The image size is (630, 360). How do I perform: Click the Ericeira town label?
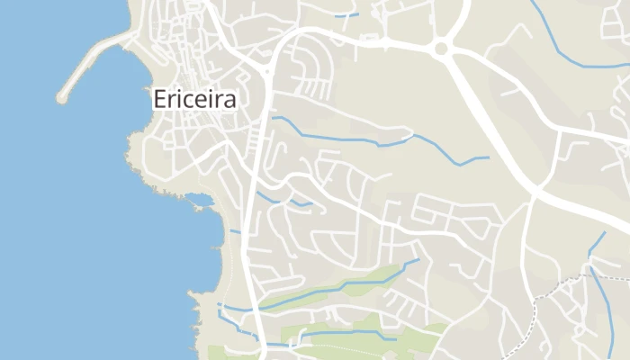click(194, 99)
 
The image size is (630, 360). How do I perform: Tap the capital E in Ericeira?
click(160, 99)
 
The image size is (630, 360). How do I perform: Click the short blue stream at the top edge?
click(346, 14)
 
